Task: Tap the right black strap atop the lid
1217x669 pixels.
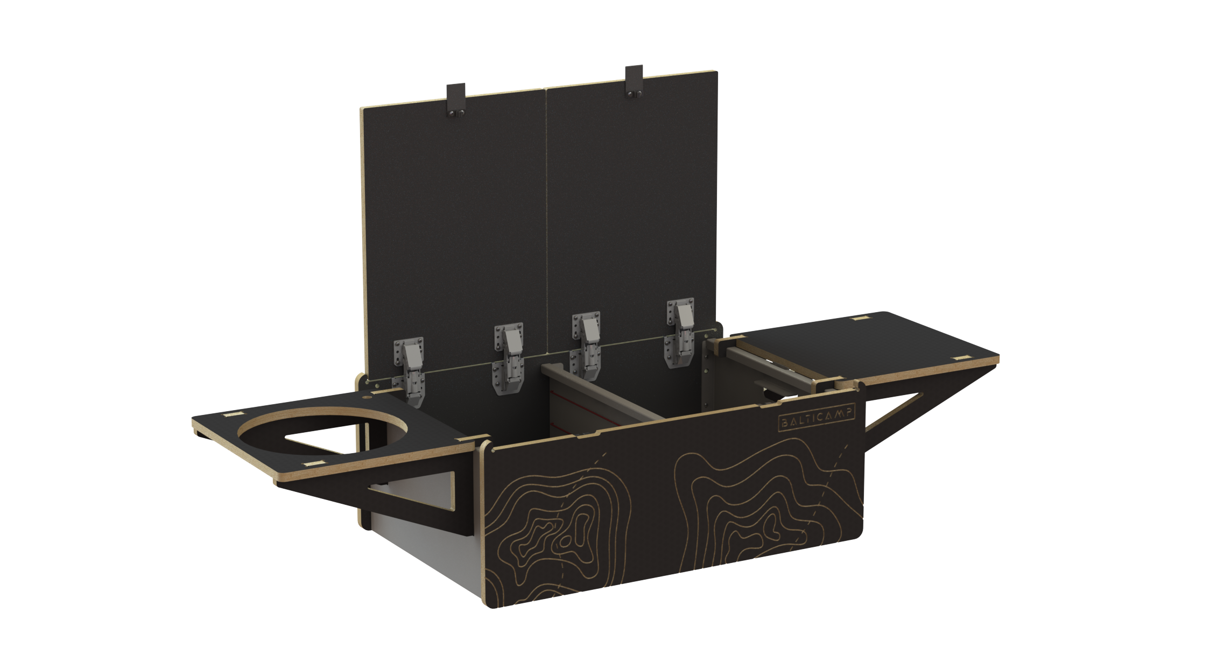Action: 634,82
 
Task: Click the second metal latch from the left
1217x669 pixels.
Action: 508,358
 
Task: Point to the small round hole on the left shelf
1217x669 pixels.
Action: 368,398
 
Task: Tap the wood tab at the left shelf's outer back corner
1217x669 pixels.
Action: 231,415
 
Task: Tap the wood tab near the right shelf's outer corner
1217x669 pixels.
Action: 960,357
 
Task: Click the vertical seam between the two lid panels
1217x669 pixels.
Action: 546,215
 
